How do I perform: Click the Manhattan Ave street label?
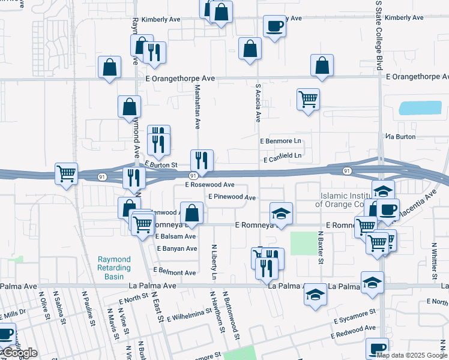pos(197,106)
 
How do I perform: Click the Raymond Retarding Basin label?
pos(114,268)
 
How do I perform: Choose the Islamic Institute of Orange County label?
pos(352,200)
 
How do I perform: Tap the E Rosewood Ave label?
pos(209,185)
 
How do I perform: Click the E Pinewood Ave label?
pos(232,197)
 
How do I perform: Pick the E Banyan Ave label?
pos(176,248)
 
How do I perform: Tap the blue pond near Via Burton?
pos(420,109)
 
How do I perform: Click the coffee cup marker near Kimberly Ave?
pos(274,26)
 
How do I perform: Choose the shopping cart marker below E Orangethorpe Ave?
pos(308,99)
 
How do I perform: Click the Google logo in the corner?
pos(19,353)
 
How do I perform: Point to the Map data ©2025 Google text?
pos(412,355)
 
